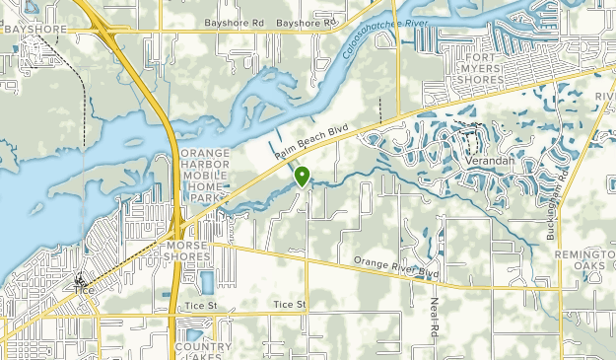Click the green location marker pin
302,177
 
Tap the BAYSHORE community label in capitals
34,30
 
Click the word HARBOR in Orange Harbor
204,164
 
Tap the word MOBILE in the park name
203,176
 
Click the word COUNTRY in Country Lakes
202,347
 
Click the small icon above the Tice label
80,279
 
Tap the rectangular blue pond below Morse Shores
206,282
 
